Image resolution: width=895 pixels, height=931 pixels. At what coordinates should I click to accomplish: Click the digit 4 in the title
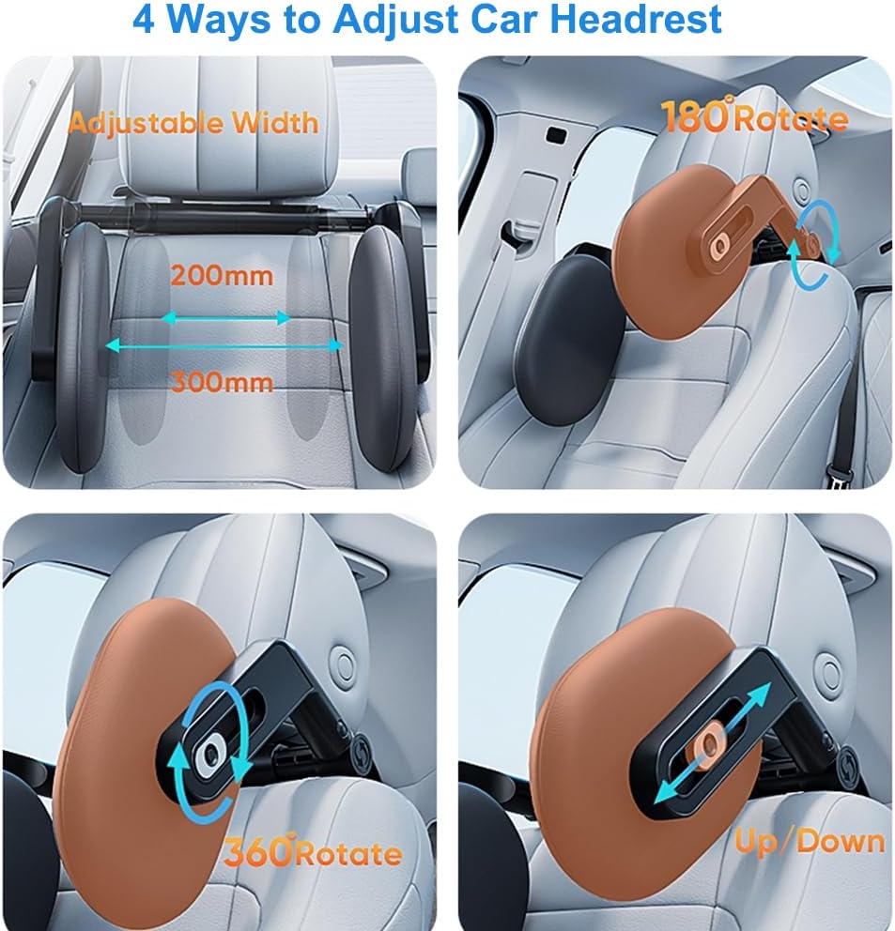tap(144, 20)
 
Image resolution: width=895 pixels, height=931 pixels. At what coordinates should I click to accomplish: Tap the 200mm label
tap(223, 276)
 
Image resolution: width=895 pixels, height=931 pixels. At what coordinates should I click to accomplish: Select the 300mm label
tap(223, 381)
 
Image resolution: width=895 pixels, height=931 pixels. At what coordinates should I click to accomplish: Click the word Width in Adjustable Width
tap(275, 122)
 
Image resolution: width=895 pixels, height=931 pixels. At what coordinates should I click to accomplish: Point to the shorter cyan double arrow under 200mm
tap(225, 318)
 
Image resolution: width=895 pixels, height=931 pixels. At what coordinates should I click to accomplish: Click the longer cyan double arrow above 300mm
tap(224, 345)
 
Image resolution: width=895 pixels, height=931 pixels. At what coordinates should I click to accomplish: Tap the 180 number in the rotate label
tap(694, 115)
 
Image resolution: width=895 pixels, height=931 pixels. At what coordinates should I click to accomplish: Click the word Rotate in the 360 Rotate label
tap(348, 854)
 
